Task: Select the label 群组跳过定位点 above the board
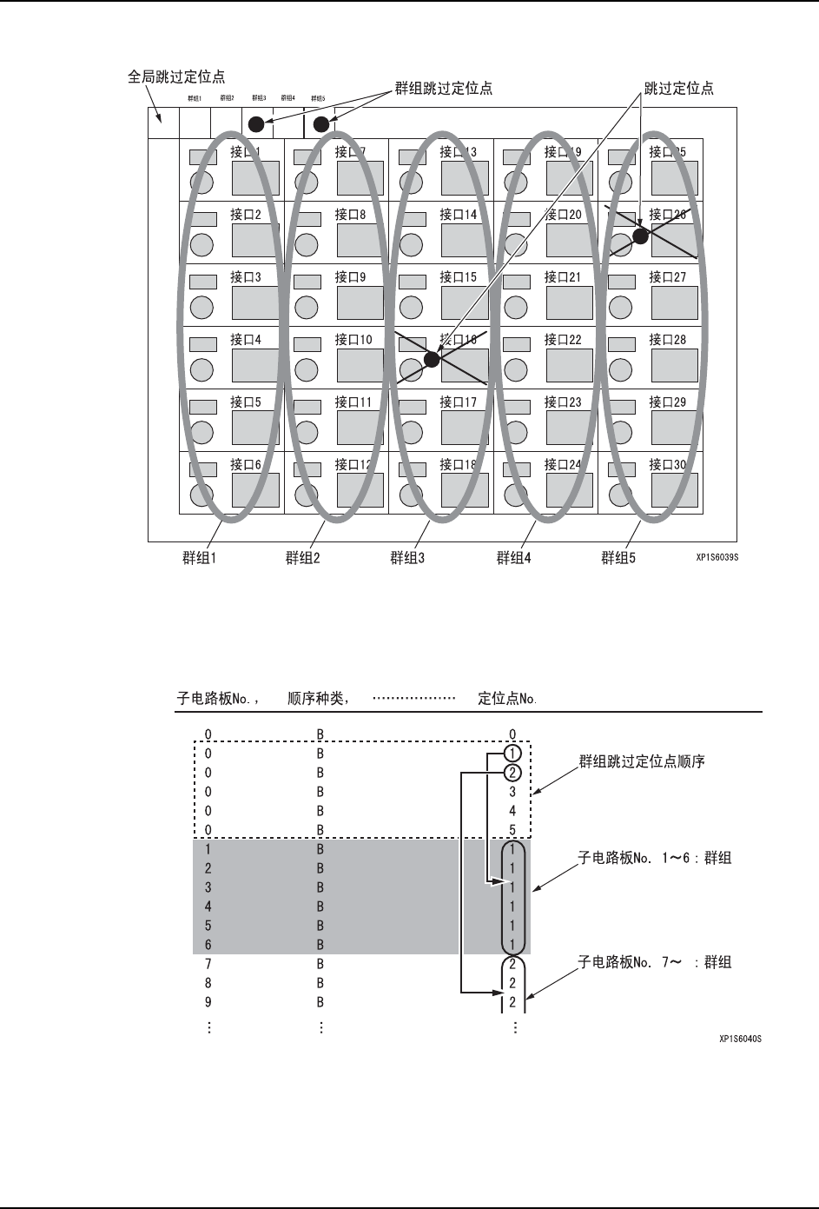click(x=444, y=88)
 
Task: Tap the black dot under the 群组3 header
click(x=256, y=124)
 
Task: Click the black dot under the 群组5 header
click(x=321, y=124)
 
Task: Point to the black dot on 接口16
click(x=432, y=359)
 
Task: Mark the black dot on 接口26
click(x=640, y=236)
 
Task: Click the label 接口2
click(x=246, y=215)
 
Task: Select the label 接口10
click(x=353, y=340)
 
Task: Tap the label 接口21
click(x=563, y=277)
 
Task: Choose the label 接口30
click(x=668, y=465)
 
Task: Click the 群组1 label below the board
click(x=199, y=558)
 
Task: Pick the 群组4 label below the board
click(x=514, y=558)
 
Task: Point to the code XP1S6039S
click(x=717, y=559)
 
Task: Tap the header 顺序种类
click(x=319, y=697)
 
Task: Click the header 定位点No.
click(x=508, y=697)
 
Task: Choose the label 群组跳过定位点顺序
click(x=642, y=762)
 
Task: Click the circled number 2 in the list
click(x=512, y=772)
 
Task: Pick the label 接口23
click(x=563, y=402)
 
